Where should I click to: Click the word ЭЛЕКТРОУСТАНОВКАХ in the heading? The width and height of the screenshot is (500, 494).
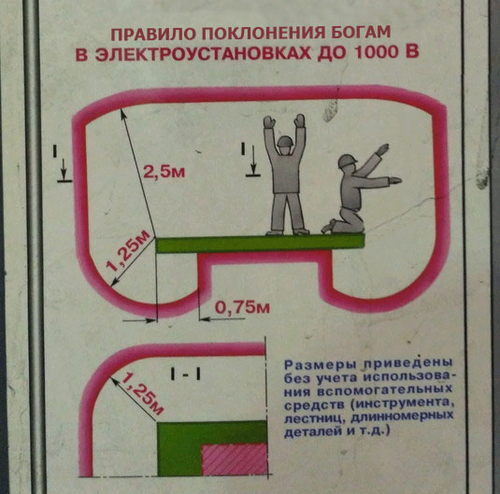[203, 54]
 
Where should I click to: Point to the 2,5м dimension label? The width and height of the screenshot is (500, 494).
[164, 172]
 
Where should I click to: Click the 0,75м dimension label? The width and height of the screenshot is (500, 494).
[242, 307]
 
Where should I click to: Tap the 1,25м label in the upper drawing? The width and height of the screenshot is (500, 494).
[128, 251]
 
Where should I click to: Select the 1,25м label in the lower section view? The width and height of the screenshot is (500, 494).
[142, 395]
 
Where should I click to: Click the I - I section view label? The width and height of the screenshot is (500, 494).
[185, 374]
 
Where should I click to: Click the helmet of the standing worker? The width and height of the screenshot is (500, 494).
[284, 141]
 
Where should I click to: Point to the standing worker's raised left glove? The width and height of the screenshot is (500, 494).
[269, 121]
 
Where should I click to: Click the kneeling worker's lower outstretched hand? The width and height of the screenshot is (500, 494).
[394, 181]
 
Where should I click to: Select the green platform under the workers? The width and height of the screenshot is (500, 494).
[260, 244]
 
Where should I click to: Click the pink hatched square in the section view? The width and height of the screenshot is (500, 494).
[234, 459]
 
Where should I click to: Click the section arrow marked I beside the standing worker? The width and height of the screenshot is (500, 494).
[253, 160]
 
